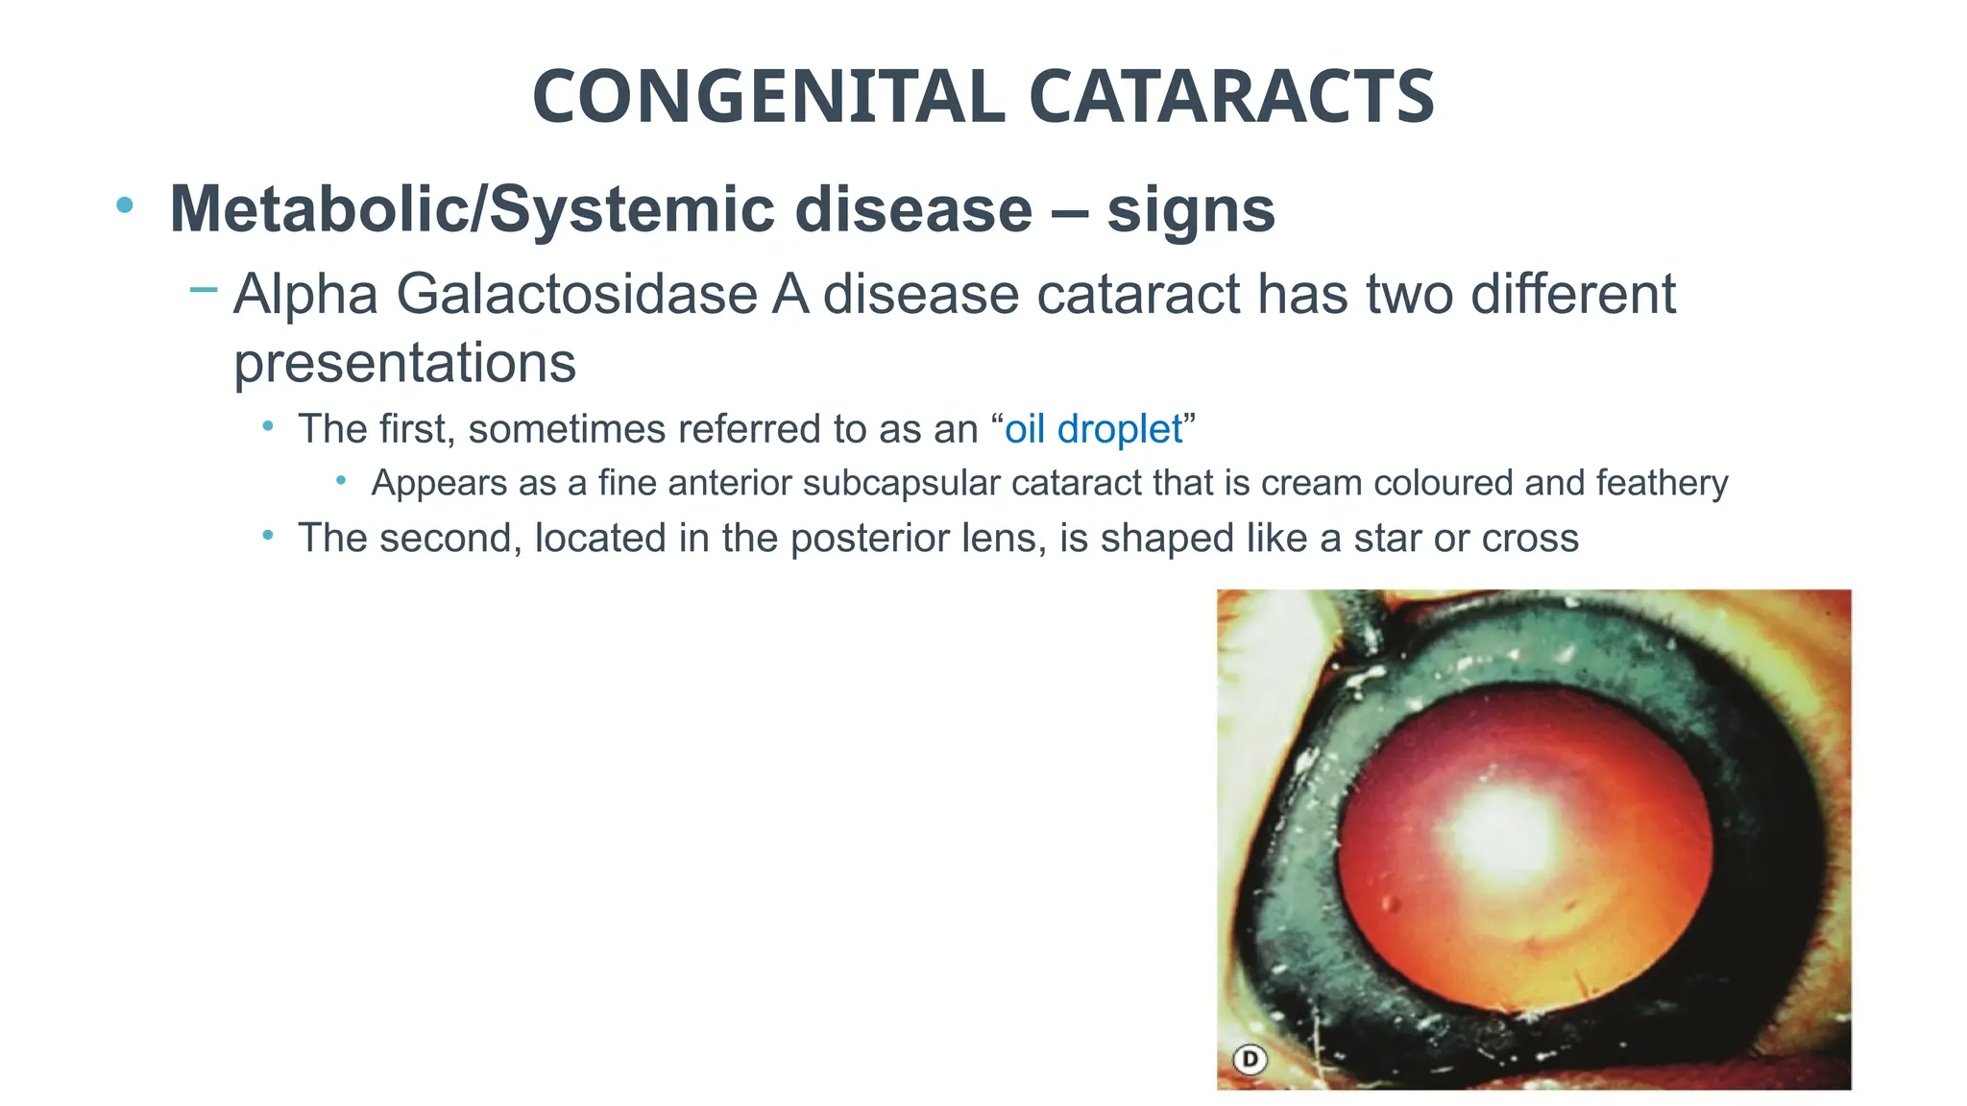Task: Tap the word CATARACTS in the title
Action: tap(1231, 97)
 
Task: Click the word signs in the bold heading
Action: tap(1191, 209)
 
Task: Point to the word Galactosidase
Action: tap(576, 294)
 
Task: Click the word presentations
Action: tap(404, 363)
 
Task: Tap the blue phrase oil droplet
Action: tap(1093, 429)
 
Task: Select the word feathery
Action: tap(1662, 482)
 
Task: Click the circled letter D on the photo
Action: tap(1250, 1059)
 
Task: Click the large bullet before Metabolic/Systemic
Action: tap(124, 204)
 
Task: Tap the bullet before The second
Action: tap(268, 535)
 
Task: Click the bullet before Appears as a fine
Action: tap(341, 480)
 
